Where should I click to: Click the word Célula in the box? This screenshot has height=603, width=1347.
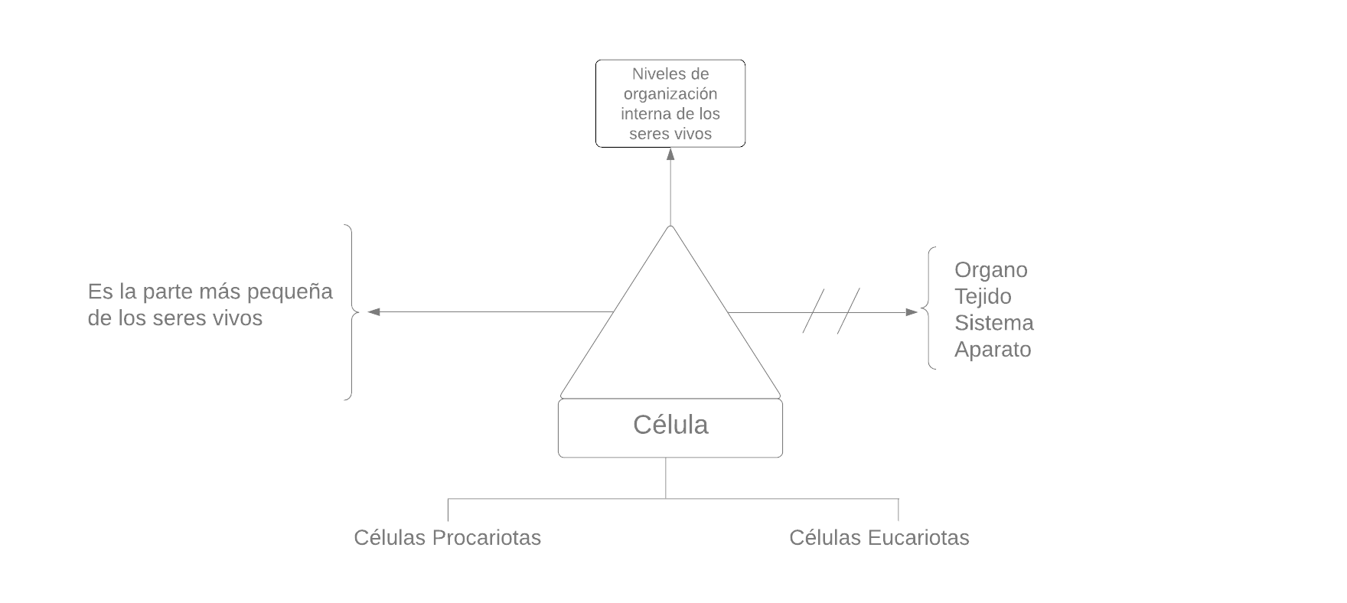[670, 425]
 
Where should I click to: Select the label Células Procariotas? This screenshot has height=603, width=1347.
[447, 538]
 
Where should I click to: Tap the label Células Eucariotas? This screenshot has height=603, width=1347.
[879, 538]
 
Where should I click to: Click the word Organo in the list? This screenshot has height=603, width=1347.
[990, 270]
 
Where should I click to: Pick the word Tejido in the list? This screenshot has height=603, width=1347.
[983, 297]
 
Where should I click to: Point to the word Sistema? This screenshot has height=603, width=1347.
[993, 323]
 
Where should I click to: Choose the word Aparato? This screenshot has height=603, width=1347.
[993, 350]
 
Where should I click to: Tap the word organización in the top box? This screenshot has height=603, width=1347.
[670, 94]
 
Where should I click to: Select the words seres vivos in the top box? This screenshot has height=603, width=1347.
[670, 134]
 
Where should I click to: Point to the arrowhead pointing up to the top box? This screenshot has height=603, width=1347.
[670, 153]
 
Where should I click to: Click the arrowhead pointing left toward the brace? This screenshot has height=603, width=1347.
[373, 311]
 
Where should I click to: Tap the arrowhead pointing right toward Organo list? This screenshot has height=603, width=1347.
[912, 312]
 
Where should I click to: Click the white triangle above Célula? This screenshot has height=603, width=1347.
[670, 337]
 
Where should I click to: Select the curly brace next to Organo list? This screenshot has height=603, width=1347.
[930, 308]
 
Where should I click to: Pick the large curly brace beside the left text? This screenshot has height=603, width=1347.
[351, 311]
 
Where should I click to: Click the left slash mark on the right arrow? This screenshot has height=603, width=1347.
[814, 311]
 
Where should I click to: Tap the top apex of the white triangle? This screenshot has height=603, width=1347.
[670, 229]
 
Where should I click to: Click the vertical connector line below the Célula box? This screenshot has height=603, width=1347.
[666, 478]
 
